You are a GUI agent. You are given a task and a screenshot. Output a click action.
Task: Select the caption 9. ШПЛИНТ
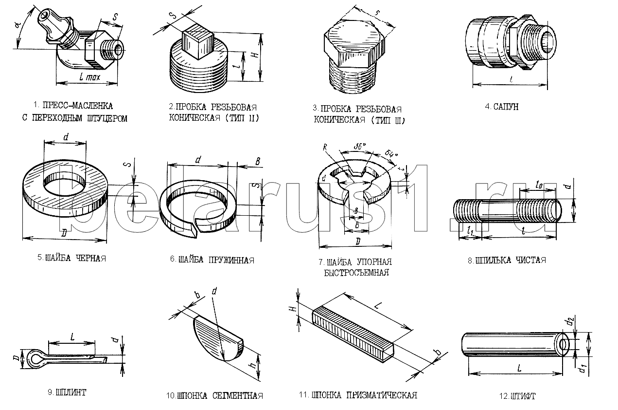click(67, 392)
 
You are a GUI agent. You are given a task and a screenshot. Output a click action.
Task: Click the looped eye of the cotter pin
click(34, 357)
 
